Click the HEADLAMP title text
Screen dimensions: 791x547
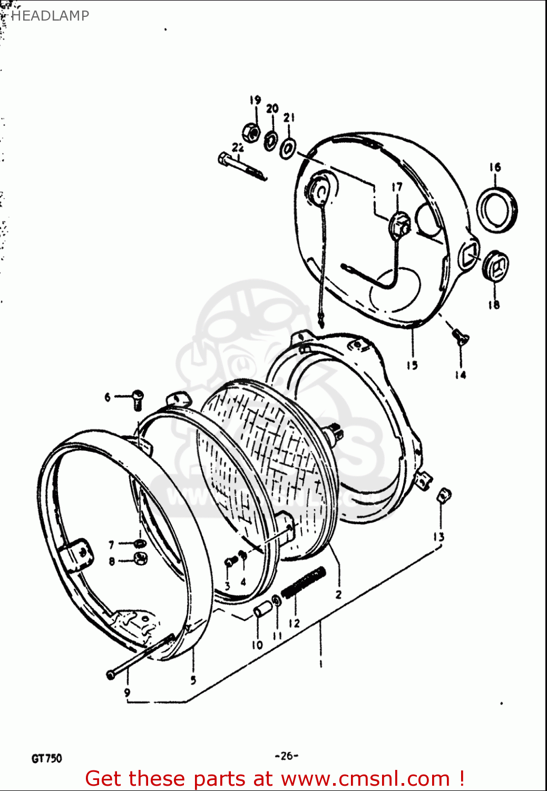click(50, 16)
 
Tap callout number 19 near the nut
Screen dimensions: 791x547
click(255, 100)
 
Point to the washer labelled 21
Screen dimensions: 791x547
click(288, 148)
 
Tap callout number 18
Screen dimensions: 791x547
click(493, 304)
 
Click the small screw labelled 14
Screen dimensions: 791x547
click(460, 336)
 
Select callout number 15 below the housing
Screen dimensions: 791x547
click(412, 365)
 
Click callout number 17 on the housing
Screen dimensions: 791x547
click(397, 187)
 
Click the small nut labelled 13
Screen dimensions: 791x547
click(444, 495)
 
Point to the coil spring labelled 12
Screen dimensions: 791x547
click(303, 583)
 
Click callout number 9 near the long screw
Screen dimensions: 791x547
click(127, 692)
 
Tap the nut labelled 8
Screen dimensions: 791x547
click(141, 558)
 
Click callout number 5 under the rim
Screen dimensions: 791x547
click(193, 680)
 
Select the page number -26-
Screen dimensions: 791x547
click(286, 756)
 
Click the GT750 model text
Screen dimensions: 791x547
click(47, 758)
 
